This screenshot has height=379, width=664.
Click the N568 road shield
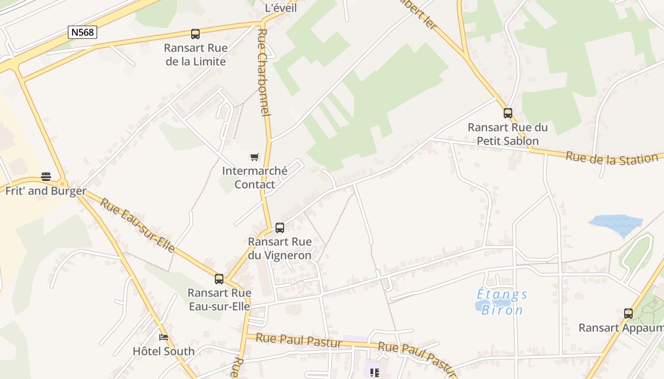(x=83, y=32)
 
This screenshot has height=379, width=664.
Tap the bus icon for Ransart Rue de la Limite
(x=195, y=34)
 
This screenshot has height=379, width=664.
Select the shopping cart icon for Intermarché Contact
(x=255, y=157)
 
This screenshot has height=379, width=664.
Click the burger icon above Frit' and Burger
(x=46, y=177)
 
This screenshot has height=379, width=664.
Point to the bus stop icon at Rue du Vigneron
(x=280, y=228)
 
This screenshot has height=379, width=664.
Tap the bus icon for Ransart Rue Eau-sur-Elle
(x=219, y=279)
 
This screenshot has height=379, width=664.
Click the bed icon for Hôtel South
(x=164, y=337)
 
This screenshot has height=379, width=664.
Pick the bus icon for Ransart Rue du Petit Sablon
(x=508, y=113)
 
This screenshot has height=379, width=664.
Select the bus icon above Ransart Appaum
(x=628, y=314)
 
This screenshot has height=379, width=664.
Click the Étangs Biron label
(x=502, y=302)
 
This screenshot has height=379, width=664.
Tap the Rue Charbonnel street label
(x=264, y=72)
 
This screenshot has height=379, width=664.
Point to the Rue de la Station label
(x=612, y=158)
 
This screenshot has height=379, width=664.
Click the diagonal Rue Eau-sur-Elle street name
(x=138, y=225)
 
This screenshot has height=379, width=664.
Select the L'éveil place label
(x=281, y=8)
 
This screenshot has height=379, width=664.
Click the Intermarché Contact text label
(x=255, y=178)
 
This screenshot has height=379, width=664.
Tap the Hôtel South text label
(x=164, y=352)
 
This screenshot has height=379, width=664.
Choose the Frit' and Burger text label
(x=46, y=191)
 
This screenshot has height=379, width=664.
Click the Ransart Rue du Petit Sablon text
(x=507, y=134)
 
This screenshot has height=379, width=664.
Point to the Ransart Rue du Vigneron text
(x=280, y=249)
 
